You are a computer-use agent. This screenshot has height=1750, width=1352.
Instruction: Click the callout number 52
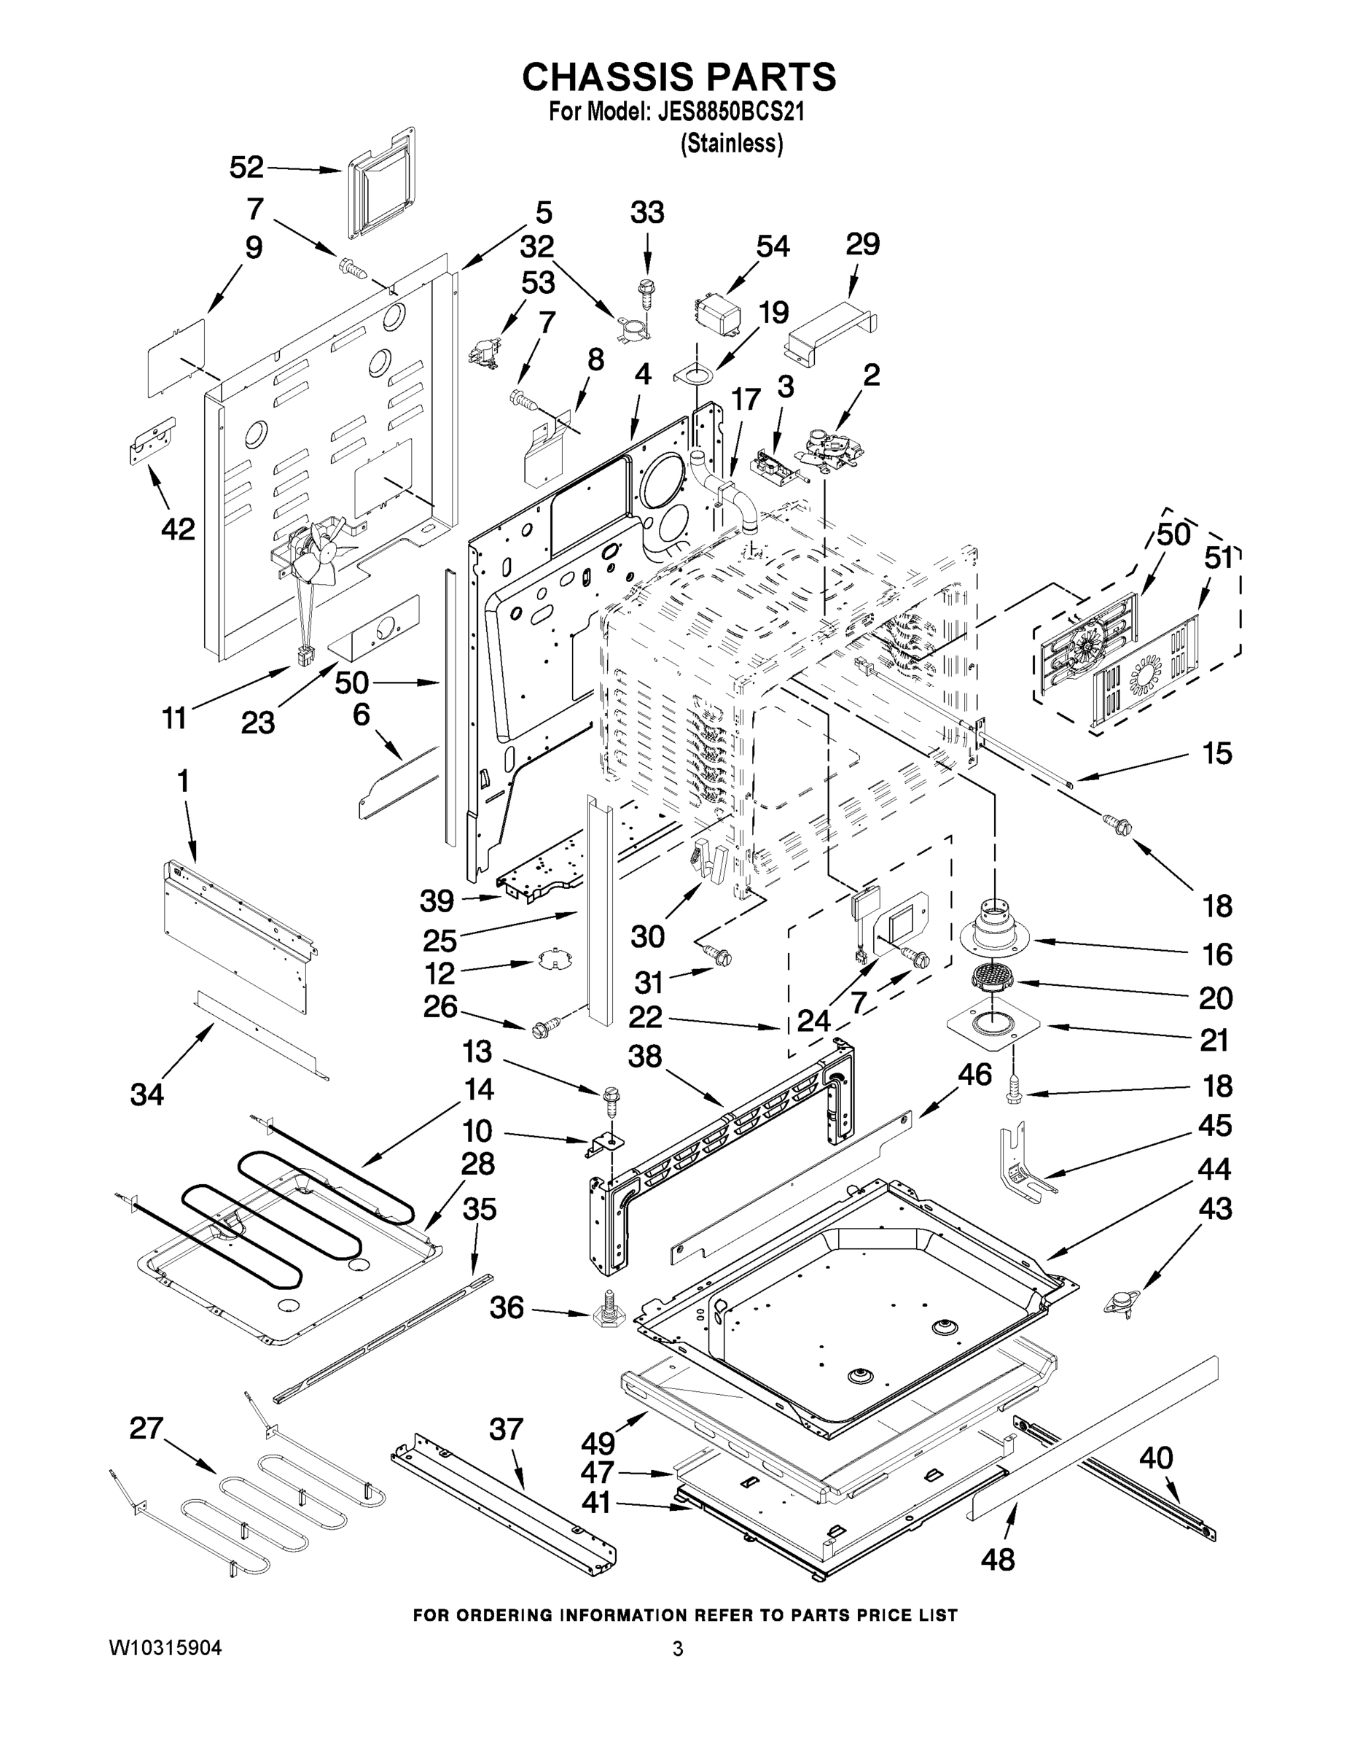click(x=246, y=168)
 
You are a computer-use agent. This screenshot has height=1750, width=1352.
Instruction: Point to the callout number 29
click(x=863, y=244)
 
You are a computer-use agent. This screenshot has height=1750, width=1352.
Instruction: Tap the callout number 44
click(x=1214, y=1169)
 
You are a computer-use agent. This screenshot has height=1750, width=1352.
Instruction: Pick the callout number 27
click(x=146, y=1428)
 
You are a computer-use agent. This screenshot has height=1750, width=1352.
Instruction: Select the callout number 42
click(x=178, y=529)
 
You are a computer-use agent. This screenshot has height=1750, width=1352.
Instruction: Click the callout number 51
click(x=1217, y=559)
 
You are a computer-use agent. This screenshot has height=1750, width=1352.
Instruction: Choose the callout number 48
click(x=997, y=1559)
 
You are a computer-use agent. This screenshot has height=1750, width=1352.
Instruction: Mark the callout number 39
click(x=437, y=901)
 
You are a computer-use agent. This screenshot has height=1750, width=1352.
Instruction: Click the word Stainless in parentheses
click(x=731, y=144)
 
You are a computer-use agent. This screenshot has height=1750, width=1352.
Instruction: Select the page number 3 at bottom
click(x=678, y=1649)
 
